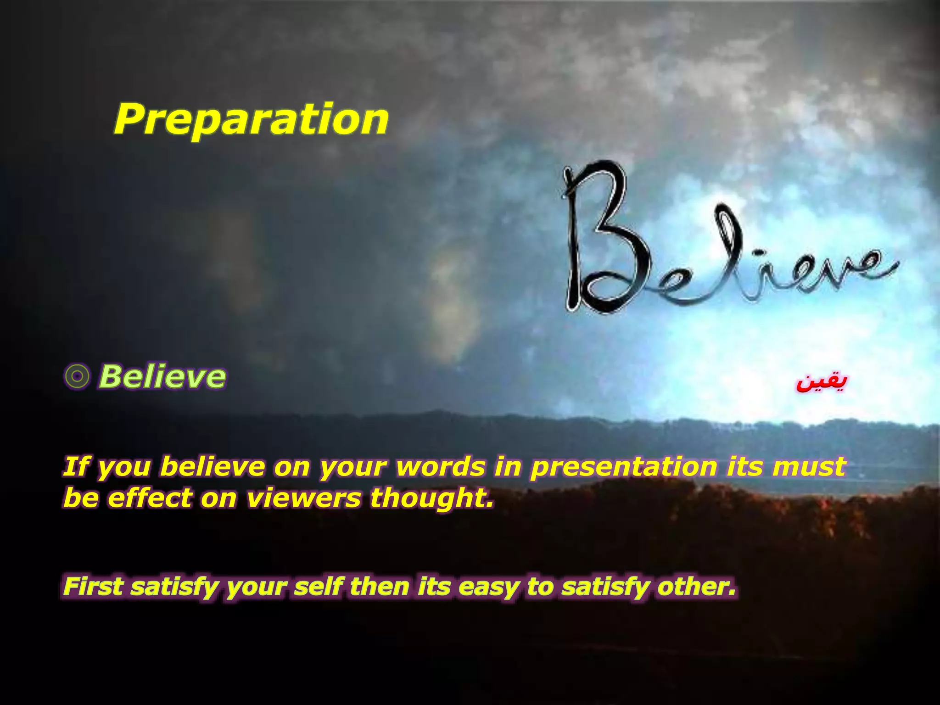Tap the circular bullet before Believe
(x=77, y=377)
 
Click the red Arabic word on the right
(x=821, y=383)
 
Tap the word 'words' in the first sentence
(x=441, y=466)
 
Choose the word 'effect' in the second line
(x=149, y=498)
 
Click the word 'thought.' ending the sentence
(x=432, y=498)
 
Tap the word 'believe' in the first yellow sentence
(x=213, y=466)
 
